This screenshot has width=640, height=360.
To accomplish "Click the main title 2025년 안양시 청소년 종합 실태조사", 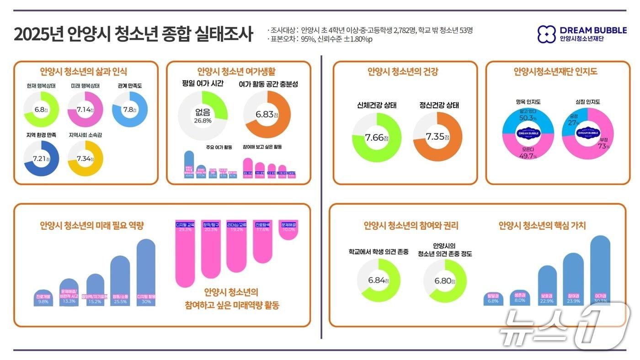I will coord(133,35).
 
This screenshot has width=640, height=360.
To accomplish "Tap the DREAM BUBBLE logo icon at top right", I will coord(546,34).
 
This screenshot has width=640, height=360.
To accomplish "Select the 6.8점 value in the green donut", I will coord(41,110).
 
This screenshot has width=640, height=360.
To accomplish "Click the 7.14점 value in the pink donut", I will coord(85,110).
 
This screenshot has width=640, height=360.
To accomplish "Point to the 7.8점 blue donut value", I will coord(129,110).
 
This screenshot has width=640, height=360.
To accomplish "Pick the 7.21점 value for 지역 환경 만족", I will coord(41,158).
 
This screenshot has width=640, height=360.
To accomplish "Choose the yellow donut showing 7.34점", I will coord(85,158).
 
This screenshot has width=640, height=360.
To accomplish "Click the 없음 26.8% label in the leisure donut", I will coord(203,116).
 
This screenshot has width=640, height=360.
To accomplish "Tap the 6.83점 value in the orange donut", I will coord(267,115).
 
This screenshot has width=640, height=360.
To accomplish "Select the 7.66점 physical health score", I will coord(376,138).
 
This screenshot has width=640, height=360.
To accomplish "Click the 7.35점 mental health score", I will coord(437,137).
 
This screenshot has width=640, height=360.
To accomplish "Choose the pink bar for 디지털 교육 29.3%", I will coord(185,254).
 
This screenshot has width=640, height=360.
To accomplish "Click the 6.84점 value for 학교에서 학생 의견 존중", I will coord(378,281).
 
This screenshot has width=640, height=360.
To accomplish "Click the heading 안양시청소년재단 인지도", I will coord(555,72).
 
